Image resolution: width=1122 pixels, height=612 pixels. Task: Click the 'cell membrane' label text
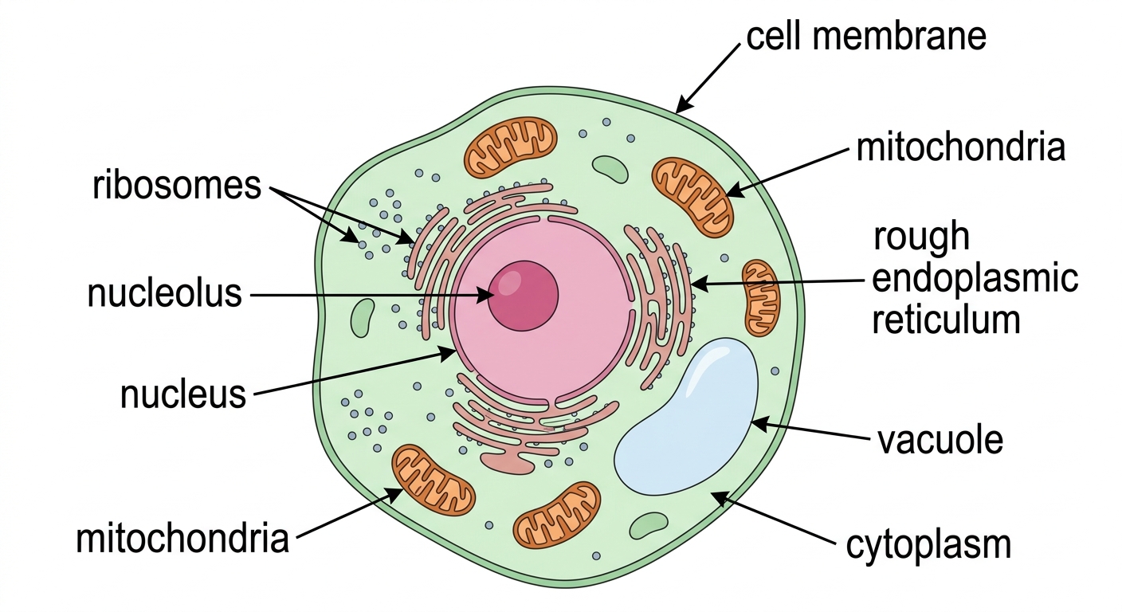[x=866, y=36]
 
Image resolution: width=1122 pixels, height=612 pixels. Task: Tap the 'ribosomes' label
[x=177, y=186]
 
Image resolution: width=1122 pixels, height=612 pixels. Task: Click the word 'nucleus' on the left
[x=183, y=394]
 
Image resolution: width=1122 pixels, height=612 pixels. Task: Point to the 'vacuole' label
[x=940, y=440]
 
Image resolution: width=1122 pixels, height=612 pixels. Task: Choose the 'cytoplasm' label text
[x=928, y=544]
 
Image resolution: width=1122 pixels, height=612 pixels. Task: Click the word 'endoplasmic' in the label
[x=975, y=279]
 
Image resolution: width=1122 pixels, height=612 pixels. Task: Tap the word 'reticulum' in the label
[x=946, y=320]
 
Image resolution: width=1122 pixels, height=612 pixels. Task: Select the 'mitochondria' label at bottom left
[x=182, y=539]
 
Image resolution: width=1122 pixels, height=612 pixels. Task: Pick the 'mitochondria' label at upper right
[x=961, y=147]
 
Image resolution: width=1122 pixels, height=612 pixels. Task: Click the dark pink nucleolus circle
[x=524, y=296]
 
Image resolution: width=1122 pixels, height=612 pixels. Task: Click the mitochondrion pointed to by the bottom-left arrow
[x=433, y=480]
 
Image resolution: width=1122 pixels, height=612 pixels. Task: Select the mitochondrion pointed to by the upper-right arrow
[x=692, y=198]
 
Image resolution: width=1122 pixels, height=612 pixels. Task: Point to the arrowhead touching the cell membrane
[x=683, y=104]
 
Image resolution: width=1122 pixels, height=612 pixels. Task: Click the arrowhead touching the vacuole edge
[x=760, y=424]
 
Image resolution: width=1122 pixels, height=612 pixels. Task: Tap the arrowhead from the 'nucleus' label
[x=447, y=354]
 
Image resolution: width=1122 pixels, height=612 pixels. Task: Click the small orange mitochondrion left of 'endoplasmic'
[x=761, y=297]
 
